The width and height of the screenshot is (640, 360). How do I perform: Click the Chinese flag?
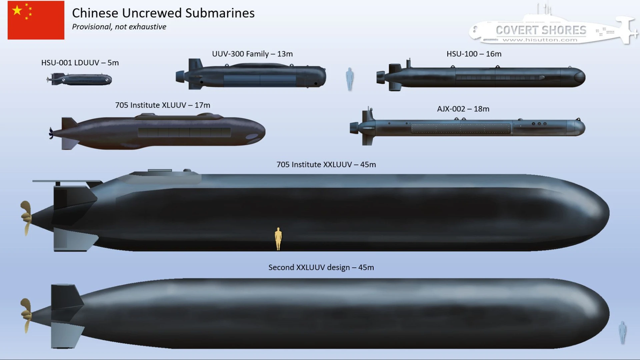tap(36, 20)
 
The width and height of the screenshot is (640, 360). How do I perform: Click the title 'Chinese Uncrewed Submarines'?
tap(163, 13)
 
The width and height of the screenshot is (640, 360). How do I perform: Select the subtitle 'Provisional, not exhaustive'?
tap(119, 27)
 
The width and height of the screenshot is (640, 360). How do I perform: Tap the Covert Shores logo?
tap(553, 26)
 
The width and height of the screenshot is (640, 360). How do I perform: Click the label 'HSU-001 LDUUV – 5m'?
tap(80, 63)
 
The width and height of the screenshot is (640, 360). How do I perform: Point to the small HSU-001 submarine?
tap(79, 79)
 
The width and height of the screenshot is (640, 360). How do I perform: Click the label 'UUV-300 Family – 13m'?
tap(252, 54)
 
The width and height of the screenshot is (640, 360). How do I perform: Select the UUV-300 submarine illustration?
tap(251, 75)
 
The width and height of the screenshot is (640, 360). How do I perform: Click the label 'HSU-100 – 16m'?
tap(474, 54)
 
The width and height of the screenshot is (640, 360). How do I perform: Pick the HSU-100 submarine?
tap(481, 76)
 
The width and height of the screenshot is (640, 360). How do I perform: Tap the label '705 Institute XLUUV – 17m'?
tap(163, 105)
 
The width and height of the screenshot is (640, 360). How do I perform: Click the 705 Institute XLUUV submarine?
tap(157, 131)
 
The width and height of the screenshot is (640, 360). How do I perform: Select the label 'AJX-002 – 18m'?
tap(463, 109)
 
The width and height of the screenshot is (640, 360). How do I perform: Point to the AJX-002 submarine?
tap(467, 127)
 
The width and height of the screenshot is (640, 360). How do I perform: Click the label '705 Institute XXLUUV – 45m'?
tap(326, 165)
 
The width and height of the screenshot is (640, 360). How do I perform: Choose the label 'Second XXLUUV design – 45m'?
tap(321, 268)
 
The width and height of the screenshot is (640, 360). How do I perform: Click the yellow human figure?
tap(278, 239)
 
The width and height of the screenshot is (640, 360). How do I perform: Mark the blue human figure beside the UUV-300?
tap(350, 79)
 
